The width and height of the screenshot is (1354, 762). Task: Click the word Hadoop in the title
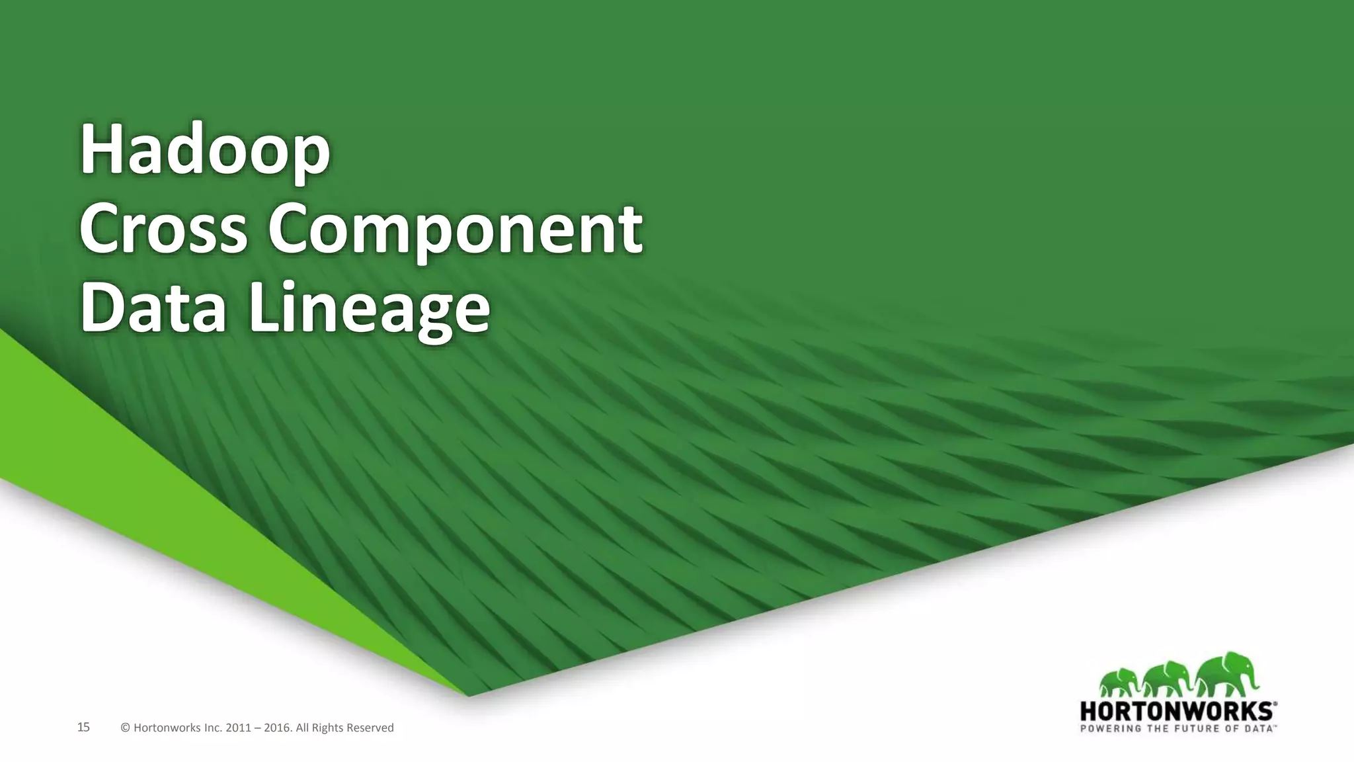point(205,151)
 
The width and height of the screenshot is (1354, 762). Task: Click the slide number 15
point(83,728)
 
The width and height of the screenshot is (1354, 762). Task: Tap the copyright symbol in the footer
point(126,728)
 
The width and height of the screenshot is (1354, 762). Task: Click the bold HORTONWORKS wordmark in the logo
point(1177,712)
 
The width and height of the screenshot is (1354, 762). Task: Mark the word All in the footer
point(303,728)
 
